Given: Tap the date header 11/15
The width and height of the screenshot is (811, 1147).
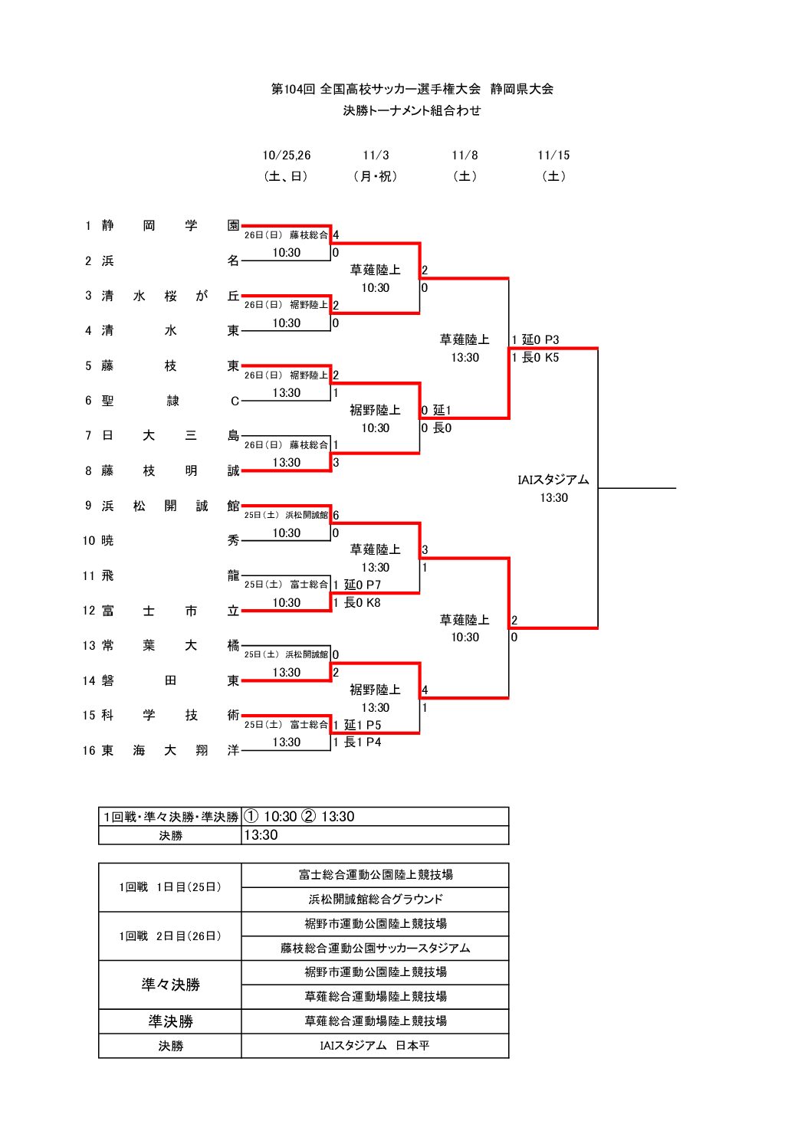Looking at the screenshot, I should tap(553, 156).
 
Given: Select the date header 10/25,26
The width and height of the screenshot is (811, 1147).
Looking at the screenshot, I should tap(287, 156).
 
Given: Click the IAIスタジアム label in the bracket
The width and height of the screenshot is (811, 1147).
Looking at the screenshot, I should tap(553, 480).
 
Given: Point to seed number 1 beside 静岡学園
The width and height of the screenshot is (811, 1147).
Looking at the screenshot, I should tap(88, 226).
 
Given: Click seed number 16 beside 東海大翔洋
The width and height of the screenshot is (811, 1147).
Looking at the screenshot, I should tap(89, 751).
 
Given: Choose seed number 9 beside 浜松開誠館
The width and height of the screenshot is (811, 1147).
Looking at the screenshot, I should tap(88, 506).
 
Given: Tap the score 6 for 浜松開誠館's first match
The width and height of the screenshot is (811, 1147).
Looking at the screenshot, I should tap(336, 516).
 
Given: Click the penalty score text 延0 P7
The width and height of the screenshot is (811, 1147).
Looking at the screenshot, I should tap(362, 585).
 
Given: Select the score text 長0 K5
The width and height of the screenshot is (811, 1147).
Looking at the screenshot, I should tap(540, 358).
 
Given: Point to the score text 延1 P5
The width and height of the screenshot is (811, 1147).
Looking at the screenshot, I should tap(362, 726).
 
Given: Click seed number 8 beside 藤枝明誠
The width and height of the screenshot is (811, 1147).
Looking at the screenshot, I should tap(88, 471).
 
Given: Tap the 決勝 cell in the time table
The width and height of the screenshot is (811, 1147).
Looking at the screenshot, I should tap(170, 836).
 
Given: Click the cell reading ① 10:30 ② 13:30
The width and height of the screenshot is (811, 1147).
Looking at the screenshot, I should tap(299, 817).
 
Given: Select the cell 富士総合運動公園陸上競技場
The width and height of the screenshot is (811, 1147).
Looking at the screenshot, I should tap(375, 875).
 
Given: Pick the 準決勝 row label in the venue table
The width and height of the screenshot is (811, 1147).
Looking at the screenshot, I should tap(170, 1021).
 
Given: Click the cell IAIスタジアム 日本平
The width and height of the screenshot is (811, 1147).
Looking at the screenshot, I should tap(375, 1046).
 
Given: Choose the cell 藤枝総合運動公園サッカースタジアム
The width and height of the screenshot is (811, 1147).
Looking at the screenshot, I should tap(375, 949).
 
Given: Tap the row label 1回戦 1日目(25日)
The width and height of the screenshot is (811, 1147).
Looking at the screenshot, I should tap(170, 887).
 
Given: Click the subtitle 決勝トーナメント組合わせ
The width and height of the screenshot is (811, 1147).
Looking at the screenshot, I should tap(412, 111).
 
